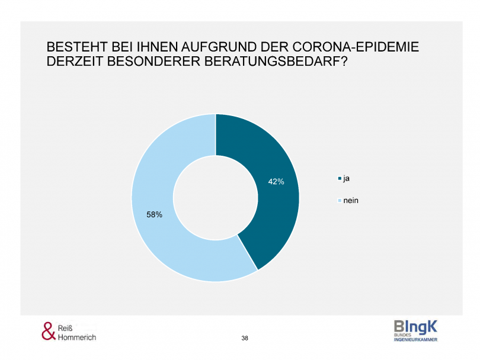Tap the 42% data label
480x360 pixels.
point(276,182)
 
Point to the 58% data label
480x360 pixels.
point(155,215)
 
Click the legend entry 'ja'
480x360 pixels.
point(345,178)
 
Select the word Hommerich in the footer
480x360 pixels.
point(78,337)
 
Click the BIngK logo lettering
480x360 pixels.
point(415,326)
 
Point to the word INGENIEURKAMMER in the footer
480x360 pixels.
point(415,340)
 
